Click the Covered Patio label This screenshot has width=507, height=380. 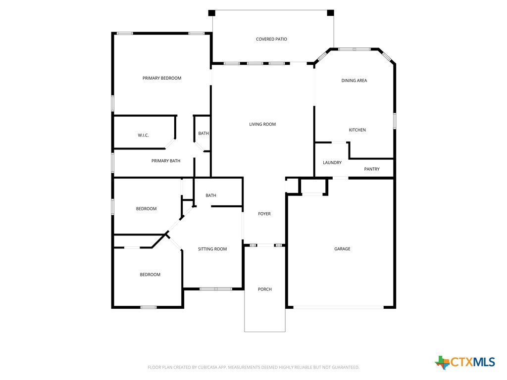click(271, 39)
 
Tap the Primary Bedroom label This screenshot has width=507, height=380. click(162, 78)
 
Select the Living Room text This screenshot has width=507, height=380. click(262, 124)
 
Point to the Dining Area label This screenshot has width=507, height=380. click(354, 81)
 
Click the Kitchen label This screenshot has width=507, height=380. click(357, 130)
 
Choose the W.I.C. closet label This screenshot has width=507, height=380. click(143, 136)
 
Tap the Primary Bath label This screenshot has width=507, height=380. click(166, 161)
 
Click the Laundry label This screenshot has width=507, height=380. click(332, 162)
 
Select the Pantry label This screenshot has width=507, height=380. click(372, 169)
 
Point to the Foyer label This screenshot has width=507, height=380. click(264, 214)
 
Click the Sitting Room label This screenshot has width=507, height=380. click(212, 249)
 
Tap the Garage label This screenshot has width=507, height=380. click(342, 249)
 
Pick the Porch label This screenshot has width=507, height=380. click(264, 289)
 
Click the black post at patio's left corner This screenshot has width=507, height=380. click(211, 13)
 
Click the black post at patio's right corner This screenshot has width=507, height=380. click(330, 13)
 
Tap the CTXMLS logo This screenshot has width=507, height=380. click(465, 362)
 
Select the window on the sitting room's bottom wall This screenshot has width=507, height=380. click(216, 288)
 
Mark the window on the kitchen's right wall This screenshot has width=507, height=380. click(395, 121)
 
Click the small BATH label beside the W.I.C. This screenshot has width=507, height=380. click(203, 134)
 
